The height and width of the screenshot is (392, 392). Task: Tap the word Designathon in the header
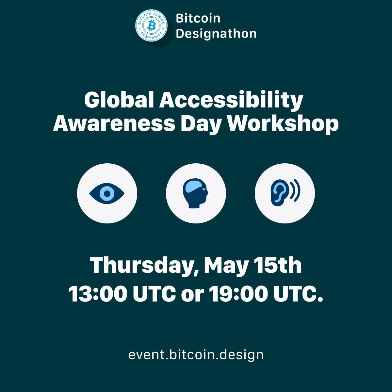216,34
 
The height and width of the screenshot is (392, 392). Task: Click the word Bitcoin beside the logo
198,18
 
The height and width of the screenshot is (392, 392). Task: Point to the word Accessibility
231,101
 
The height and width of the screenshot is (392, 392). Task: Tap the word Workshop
283,124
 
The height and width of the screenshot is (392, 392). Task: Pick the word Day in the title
201,124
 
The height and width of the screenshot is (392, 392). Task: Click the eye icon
107,193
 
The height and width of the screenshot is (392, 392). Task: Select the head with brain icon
195,193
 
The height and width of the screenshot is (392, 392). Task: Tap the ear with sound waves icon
285,193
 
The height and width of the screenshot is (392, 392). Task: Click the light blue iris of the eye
107,193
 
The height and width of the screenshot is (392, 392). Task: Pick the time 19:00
238,294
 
